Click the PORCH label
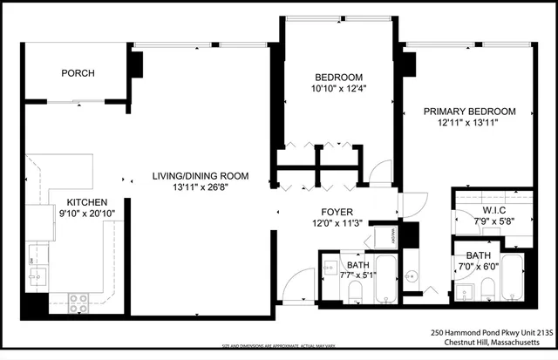coord(78,73)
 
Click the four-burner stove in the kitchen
coord(78,302)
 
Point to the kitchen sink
coord(37,277)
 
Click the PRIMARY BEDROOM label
coord(470,112)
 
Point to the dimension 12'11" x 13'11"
coord(470,124)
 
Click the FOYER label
coord(337,210)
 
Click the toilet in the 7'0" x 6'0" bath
coord(489,289)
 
